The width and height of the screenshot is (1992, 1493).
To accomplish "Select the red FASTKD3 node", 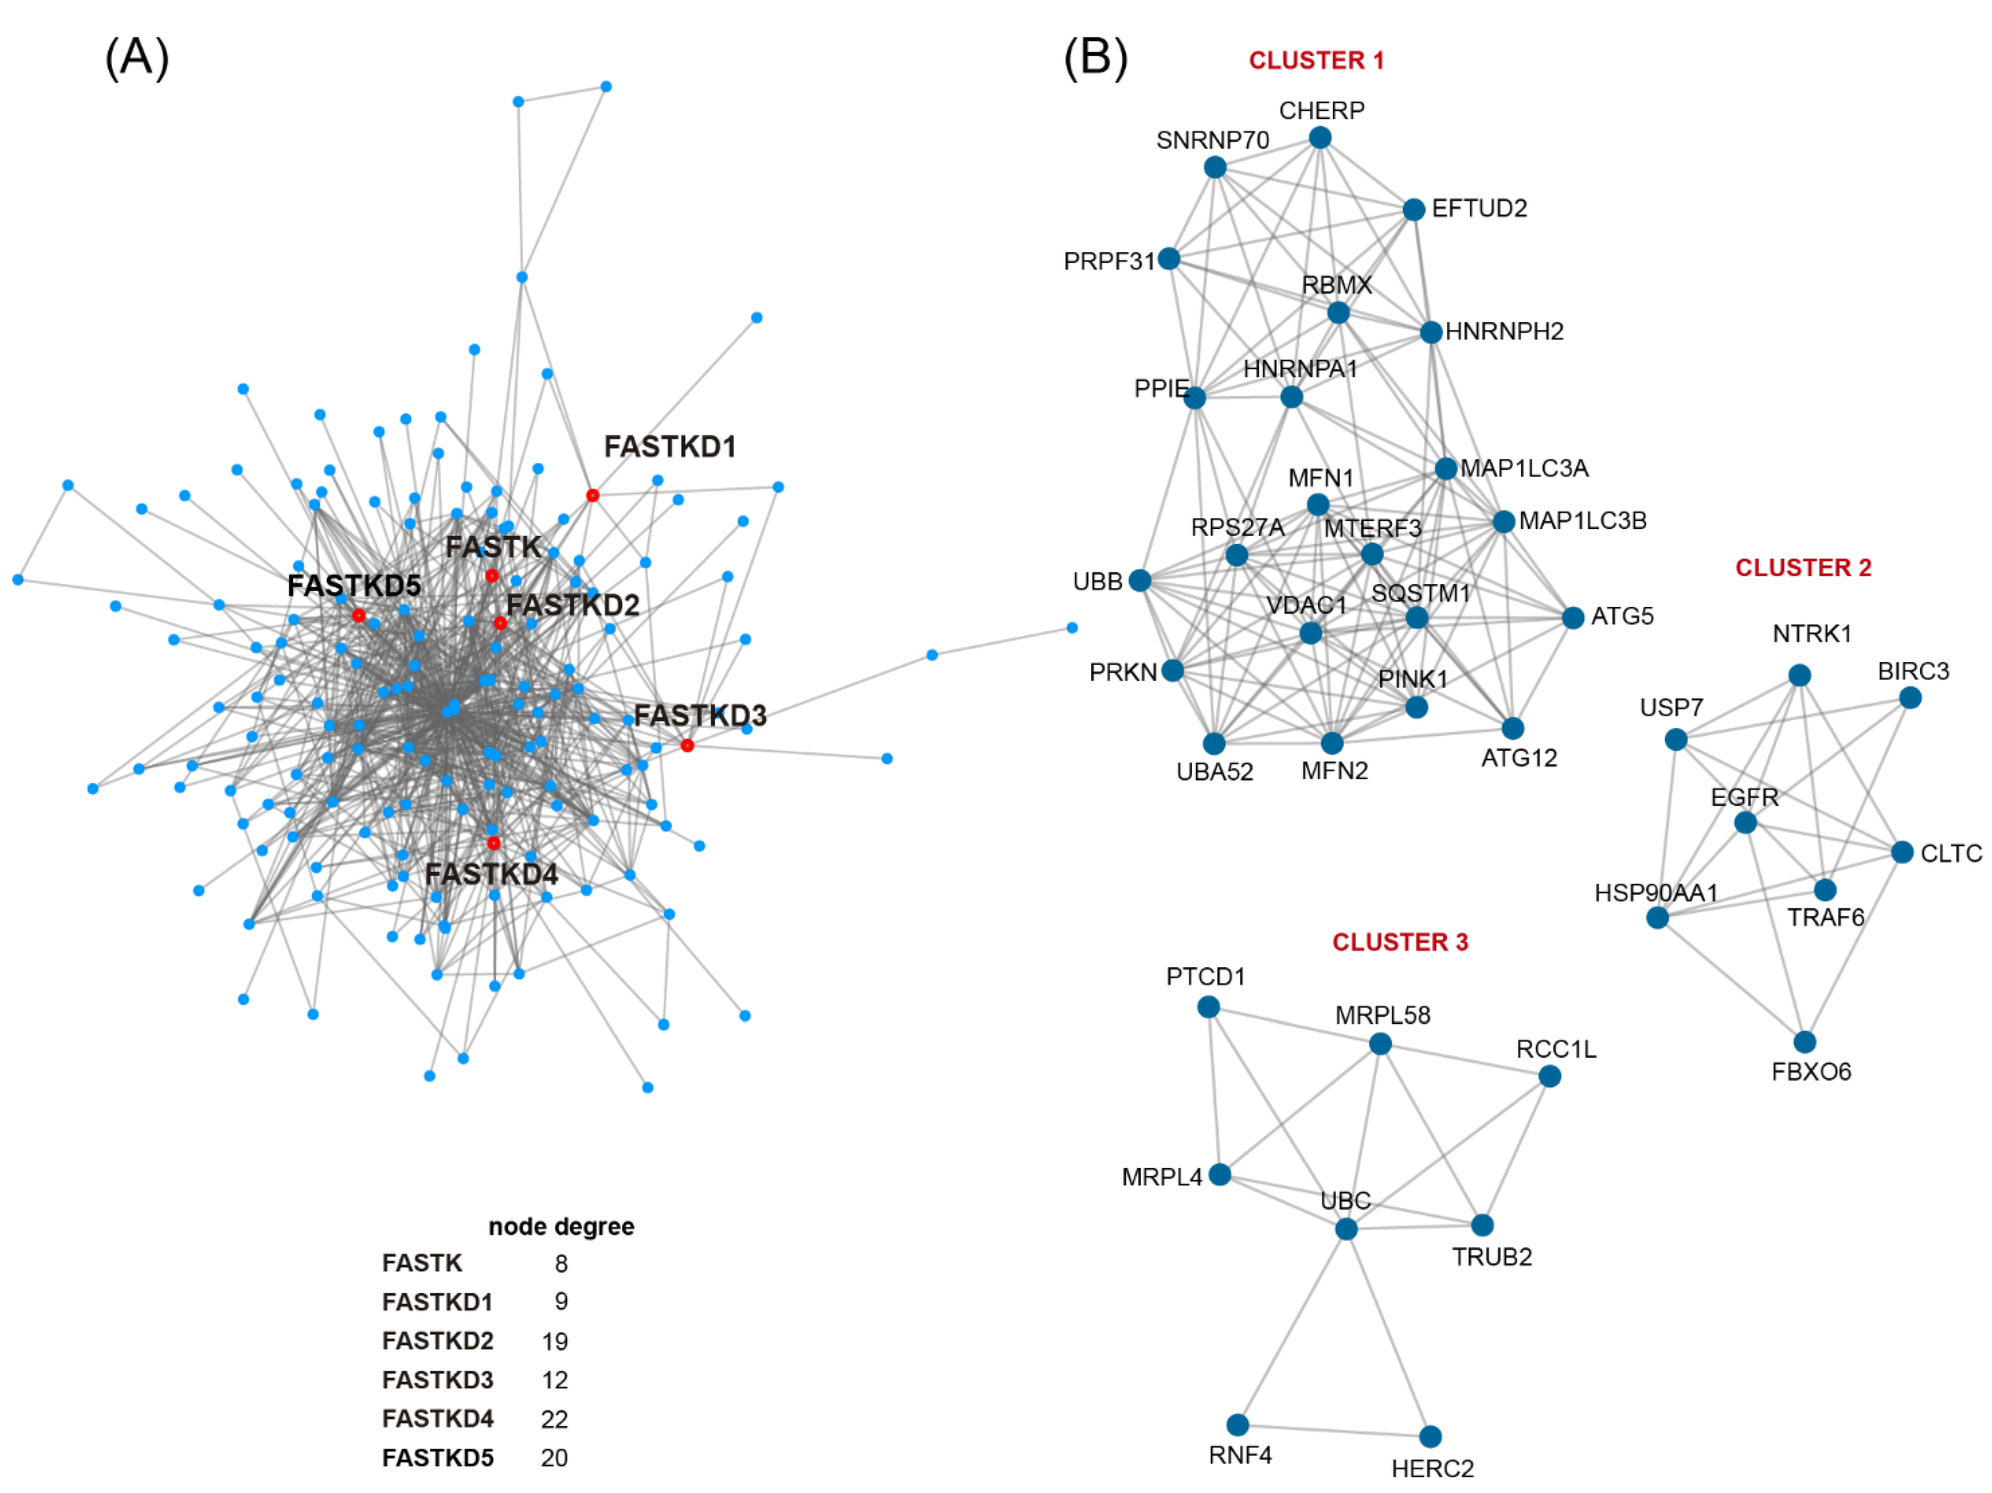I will coord(687,745).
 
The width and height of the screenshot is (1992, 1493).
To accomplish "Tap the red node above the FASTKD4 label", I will coord(494,843).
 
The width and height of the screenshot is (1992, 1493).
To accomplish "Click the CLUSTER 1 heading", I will coord(1316,60).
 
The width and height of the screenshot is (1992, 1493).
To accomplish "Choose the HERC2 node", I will coord(1430,1436).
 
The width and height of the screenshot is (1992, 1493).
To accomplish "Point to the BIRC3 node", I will coord(1910,698).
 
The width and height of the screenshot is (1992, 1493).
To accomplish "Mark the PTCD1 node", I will coord(1209,1007).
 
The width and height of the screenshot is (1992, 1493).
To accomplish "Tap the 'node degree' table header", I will coord(561,1227).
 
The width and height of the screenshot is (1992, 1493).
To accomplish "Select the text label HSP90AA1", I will coord(1656,893).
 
